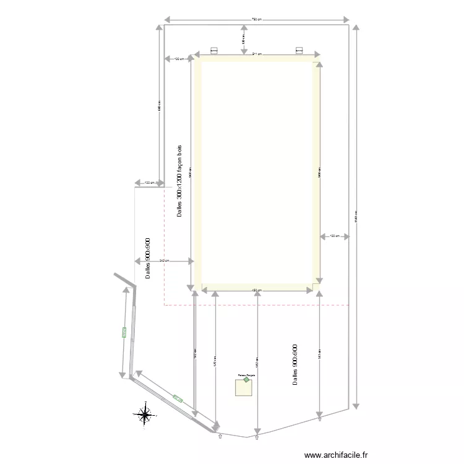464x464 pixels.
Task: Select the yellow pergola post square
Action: click(243, 387)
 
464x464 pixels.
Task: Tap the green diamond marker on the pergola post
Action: click(246, 380)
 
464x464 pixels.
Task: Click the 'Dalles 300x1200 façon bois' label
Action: click(179, 181)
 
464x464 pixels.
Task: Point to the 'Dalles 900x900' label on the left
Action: click(148, 258)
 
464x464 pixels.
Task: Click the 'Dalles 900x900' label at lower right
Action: click(295, 365)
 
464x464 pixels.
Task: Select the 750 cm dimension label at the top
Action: click(256, 20)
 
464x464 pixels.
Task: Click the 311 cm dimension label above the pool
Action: click(257, 54)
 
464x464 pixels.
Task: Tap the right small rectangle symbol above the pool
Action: click(299, 50)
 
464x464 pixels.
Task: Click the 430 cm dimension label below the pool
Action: click(256, 290)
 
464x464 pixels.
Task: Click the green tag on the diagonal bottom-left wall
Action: click(178, 398)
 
